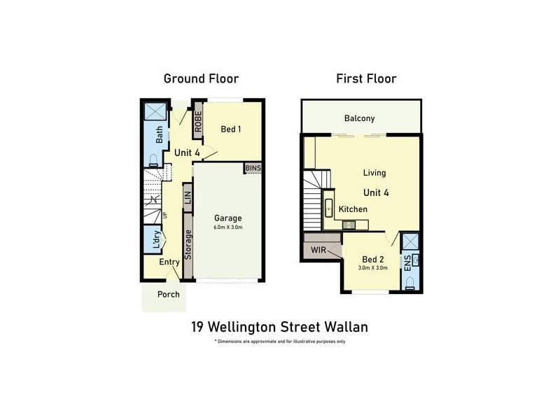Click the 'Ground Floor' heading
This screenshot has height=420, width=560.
click(201, 78)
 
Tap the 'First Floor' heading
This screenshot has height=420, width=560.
click(366, 78)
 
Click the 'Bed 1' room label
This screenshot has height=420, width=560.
click(231, 129)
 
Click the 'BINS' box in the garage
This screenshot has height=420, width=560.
click(252, 168)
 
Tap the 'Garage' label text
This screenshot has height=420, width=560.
click(228, 218)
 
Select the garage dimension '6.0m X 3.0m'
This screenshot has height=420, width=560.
click(228, 227)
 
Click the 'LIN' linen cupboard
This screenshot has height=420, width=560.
click(188, 197)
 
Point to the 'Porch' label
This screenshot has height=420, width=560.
click(168, 294)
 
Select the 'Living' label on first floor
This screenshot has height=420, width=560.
click(374, 172)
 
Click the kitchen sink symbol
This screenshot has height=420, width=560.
click(328, 209)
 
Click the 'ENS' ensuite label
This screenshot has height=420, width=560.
click(407, 263)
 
